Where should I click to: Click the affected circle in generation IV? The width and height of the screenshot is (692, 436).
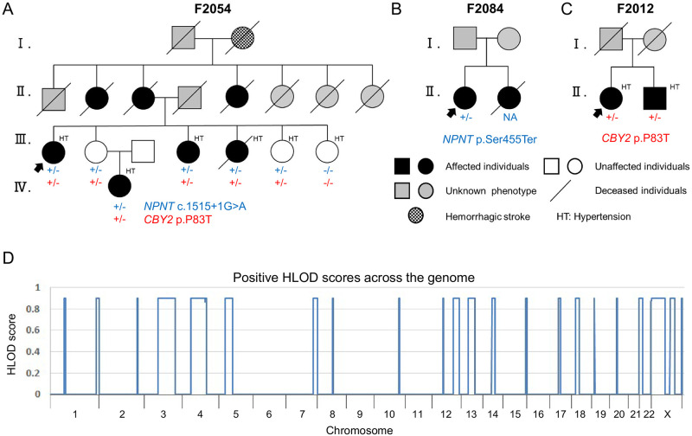coord(119,186)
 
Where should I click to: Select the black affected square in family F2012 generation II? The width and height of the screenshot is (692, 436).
coord(643,103)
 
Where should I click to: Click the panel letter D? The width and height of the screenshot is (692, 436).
coord(9,259)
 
